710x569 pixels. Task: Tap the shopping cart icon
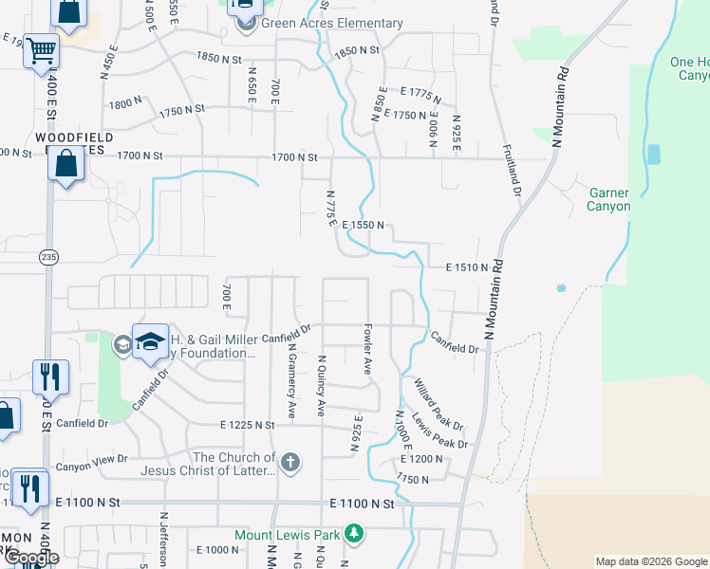[x=41, y=50]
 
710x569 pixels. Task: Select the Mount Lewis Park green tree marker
[x=354, y=535]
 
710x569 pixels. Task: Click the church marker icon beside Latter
[x=290, y=463]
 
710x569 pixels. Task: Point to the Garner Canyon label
[x=608, y=200]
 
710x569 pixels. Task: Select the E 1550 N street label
[x=363, y=225]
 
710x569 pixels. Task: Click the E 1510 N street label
[x=467, y=268]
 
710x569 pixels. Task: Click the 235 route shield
[x=48, y=257]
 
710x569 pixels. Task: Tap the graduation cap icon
[x=150, y=342]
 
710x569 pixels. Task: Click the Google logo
[x=31, y=558]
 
